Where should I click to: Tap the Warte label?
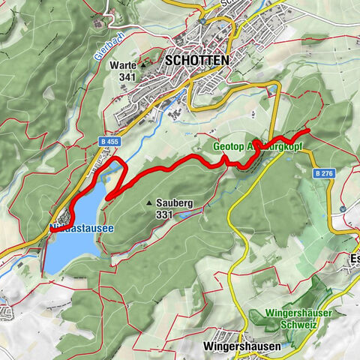(122, 64)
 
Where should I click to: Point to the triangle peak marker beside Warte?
(142, 65)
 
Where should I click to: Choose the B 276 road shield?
(323, 173)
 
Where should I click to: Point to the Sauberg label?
(176, 202)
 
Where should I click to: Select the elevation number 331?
(164, 214)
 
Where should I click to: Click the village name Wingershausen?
(241, 347)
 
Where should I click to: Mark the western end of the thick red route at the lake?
(51, 229)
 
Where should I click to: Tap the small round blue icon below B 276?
(343, 208)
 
